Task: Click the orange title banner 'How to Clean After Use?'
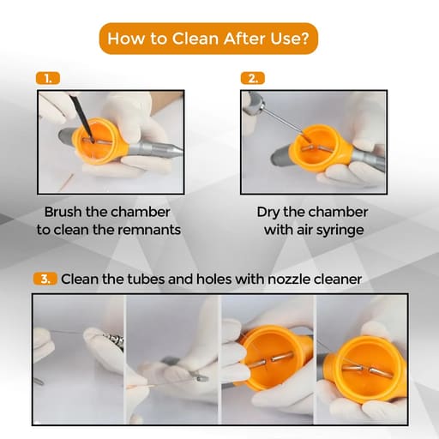pyautogui.click(x=208, y=39)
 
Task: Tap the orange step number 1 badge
pyautogui.click(x=48, y=79)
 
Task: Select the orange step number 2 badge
pyautogui.click(x=253, y=79)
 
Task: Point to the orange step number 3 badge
pyautogui.click(x=45, y=279)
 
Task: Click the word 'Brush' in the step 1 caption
pyautogui.click(x=63, y=212)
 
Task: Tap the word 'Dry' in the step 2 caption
pyautogui.click(x=268, y=213)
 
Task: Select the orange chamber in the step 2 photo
pyautogui.click(x=320, y=148)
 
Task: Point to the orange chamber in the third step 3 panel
pyautogui.click(x=274, y=358)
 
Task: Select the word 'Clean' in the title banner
pyautogui.click(x=195, y=39)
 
